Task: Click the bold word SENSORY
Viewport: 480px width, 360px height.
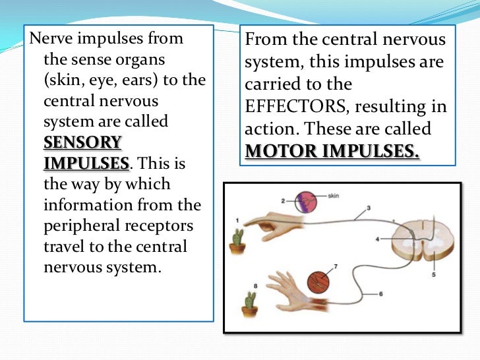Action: coord(82,143)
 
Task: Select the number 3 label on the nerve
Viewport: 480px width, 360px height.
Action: coord(369,208)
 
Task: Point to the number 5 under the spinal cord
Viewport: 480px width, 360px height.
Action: coord(433,274)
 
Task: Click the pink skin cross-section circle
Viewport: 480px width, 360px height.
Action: coord(306,202)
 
